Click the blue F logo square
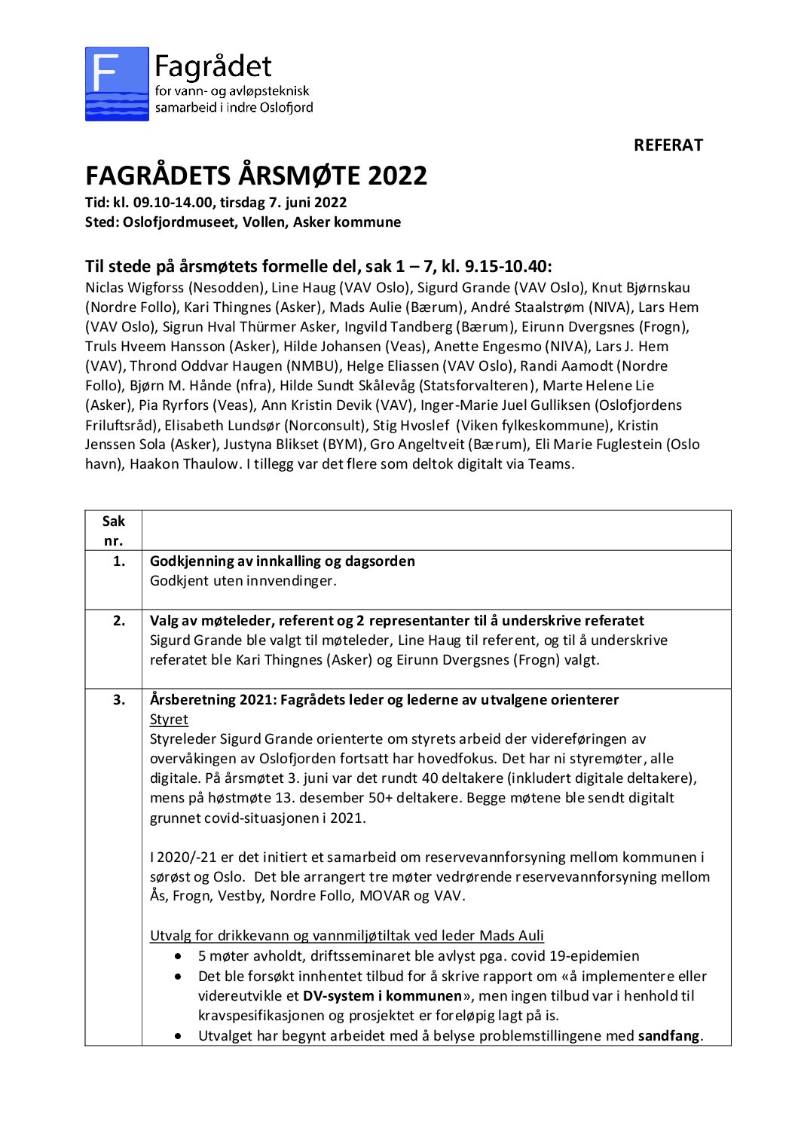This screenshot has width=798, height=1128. coord(117,84)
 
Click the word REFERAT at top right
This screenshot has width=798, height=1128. coord(668,145)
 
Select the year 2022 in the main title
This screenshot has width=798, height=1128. coord(397,176)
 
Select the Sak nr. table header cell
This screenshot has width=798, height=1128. coord(113,530)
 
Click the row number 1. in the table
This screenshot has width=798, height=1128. coord(118,561)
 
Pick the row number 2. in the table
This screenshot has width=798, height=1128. coord(118,621)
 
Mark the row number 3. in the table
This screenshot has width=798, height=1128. coord(118,700)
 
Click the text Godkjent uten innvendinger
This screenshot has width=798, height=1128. coord(243,581)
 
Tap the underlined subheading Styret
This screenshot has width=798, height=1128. coord(169,720)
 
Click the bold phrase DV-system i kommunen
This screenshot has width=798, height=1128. coord(382,996)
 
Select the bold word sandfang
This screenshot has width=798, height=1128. coord(669,1036)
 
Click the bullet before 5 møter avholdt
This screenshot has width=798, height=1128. coord(178,957)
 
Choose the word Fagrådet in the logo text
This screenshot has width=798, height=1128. coord(212,68)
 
